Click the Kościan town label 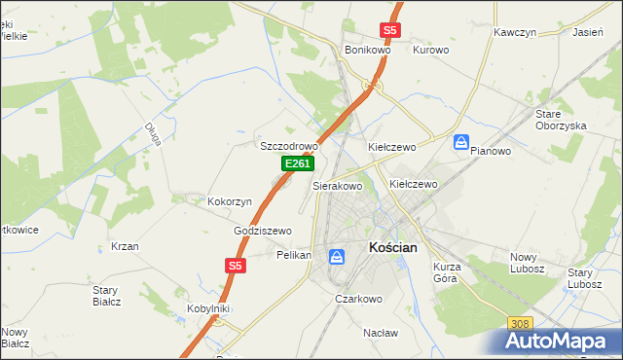coord(393,248)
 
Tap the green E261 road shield coord(297,165)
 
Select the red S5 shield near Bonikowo coord(389,30)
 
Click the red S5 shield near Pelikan coord(235,265)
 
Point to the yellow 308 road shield coord(521,323)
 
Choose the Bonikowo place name coord(367,50)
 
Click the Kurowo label coord(430,50)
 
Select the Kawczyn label coord(516,32)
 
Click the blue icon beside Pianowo coord(461,142)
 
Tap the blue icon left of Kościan coord(336,257)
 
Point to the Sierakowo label coord(337,185)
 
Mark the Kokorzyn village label coord(230,201)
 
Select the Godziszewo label coord(263,231)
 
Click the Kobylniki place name coord(207,308)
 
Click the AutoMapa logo coord(560,341)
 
